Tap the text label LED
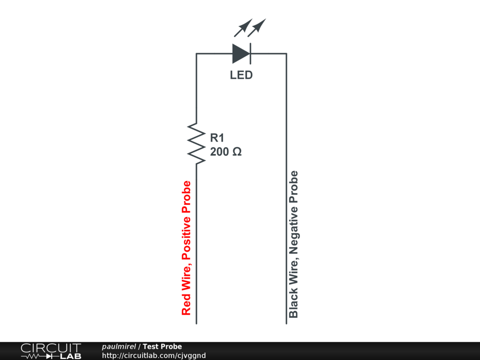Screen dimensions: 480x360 (241, 75)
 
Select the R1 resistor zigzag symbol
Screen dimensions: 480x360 (196, 143)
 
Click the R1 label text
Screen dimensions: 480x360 (217, 138)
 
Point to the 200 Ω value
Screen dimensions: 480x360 (226, 152)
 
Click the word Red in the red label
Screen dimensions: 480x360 (187, 305)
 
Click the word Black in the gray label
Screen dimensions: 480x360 (294, 304)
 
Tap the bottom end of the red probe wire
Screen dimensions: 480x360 (196, 322)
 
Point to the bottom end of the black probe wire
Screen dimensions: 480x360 (286, 322)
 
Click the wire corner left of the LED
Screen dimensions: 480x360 (196, 54)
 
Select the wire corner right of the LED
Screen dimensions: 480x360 (286, 54)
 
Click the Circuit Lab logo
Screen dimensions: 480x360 (51, 351)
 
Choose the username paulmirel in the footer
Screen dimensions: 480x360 (119, 346)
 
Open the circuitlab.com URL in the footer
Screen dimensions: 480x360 (154, 355)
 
